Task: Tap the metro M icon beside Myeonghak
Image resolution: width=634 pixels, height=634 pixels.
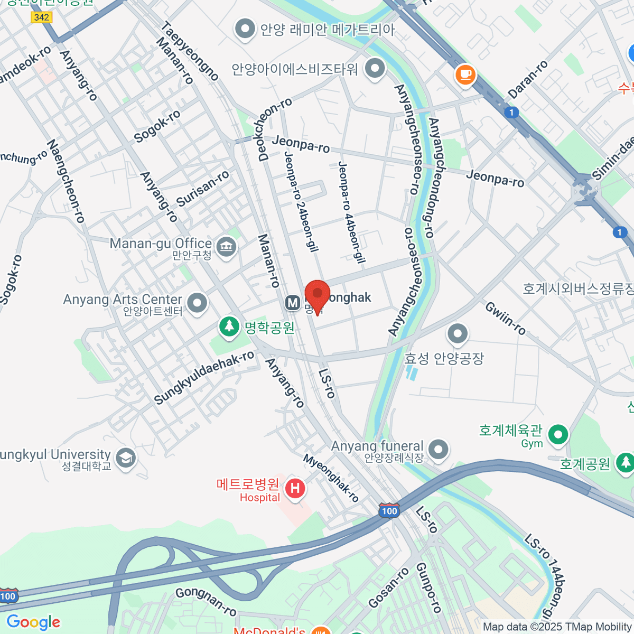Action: point(292,303)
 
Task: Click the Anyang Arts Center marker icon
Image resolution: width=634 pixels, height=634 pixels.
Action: point(198,303)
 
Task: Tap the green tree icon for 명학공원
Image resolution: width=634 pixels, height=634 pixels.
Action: point(229,325)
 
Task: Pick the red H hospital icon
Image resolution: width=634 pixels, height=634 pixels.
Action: point(295,488)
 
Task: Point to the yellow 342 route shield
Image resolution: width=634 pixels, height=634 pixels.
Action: point(41,17)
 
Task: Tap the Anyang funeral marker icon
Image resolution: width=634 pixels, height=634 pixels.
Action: point(438,450)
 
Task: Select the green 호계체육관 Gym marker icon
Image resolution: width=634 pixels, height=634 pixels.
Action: point(558,435)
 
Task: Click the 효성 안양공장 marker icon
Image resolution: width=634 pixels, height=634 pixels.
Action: point(458,333)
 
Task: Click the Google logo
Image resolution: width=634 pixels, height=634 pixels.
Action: point(33,622)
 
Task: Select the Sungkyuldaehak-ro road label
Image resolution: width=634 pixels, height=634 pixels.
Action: point(204,378)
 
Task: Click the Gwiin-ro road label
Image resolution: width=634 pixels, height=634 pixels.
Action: point(506,318)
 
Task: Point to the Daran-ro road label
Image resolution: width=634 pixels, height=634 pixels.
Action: point(528,80)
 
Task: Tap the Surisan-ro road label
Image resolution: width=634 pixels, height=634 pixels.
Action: point(203,189)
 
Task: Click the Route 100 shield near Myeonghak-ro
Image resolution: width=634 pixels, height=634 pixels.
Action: point(389,510)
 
